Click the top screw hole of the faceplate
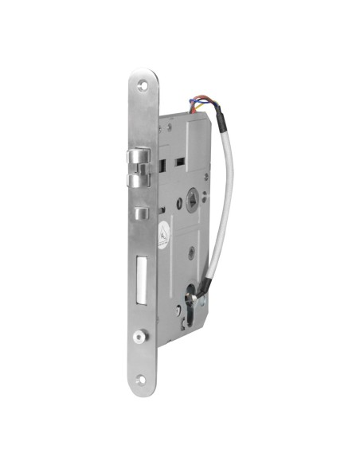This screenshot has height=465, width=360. click(x=143, y=82)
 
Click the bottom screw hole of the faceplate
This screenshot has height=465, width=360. click(x=142, y=381)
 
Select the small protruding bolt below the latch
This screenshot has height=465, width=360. click(x=141, y=213)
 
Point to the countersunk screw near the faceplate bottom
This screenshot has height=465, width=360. click(x=141, y=335)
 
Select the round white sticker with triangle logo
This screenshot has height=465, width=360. click(x=163, y=235)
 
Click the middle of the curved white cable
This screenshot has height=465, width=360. click(x=231, y=199)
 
